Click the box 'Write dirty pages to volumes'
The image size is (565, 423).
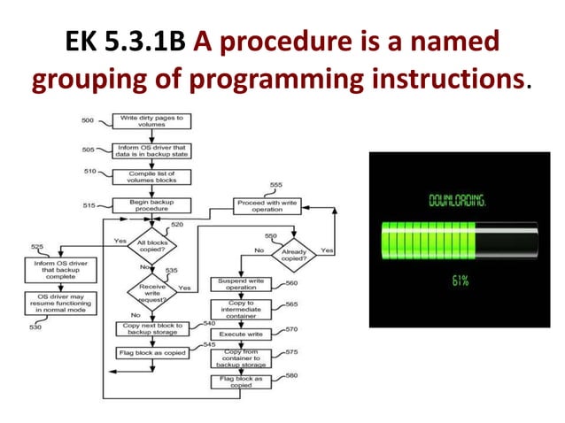152,122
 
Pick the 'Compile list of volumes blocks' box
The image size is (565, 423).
152,175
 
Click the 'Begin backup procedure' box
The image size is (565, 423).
152,205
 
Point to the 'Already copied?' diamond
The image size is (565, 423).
294,254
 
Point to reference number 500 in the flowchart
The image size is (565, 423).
88,119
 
